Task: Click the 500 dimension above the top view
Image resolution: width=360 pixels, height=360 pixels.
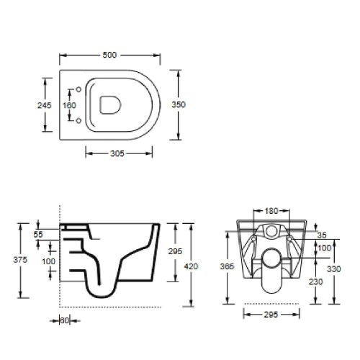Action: pyautogui.click(x=109, y=55)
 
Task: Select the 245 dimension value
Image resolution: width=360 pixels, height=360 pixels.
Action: pyautogui.click(x=45, y=105)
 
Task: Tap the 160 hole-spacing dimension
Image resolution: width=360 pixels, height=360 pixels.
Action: pyautogui.click(x=69, y=105)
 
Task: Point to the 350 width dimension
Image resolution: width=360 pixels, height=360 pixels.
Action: pyautogui.click(x=179, y=104)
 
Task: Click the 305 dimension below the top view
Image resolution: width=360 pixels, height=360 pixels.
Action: pyautogui.click(x=117, y=153)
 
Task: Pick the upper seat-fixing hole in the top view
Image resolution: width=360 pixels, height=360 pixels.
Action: pyautogui.click(x=78, y=89)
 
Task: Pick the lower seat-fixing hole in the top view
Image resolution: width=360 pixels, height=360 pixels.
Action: pyautogui.click(x=78, y=120)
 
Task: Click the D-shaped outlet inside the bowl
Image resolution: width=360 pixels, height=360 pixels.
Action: pyautogui.click(x=110, y=105)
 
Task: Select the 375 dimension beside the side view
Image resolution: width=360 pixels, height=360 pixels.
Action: pyautogui.click(x=20, y=260)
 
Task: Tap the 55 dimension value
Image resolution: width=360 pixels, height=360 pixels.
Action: pyautogui.click(x=38, y=235)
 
